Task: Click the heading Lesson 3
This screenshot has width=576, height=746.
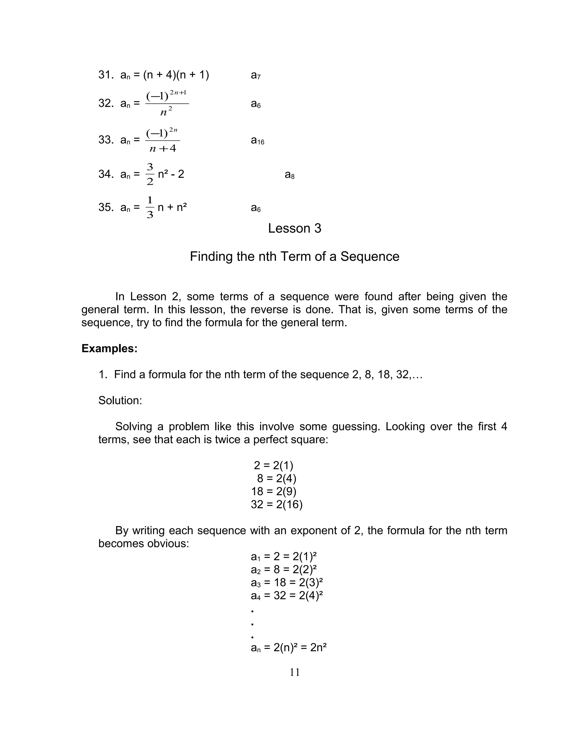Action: (x=294, y=228)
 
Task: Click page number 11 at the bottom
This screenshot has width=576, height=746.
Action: (x=294, y=672)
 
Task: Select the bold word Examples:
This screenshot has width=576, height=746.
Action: (x=109, y=349)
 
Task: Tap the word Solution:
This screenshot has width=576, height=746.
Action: (x=120, y=400)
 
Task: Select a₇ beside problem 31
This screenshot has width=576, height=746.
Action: (x=256, y=75)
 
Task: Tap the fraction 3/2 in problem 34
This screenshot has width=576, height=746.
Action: (x=150, y=174)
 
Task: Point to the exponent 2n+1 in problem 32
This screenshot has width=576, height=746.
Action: (x=178, y=93)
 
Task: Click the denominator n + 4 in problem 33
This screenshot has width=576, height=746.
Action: (x=163, y=148)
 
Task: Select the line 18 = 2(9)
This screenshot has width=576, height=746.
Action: (x=273, y=491)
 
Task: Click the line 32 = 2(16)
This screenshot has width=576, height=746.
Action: (x=276, y=504)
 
